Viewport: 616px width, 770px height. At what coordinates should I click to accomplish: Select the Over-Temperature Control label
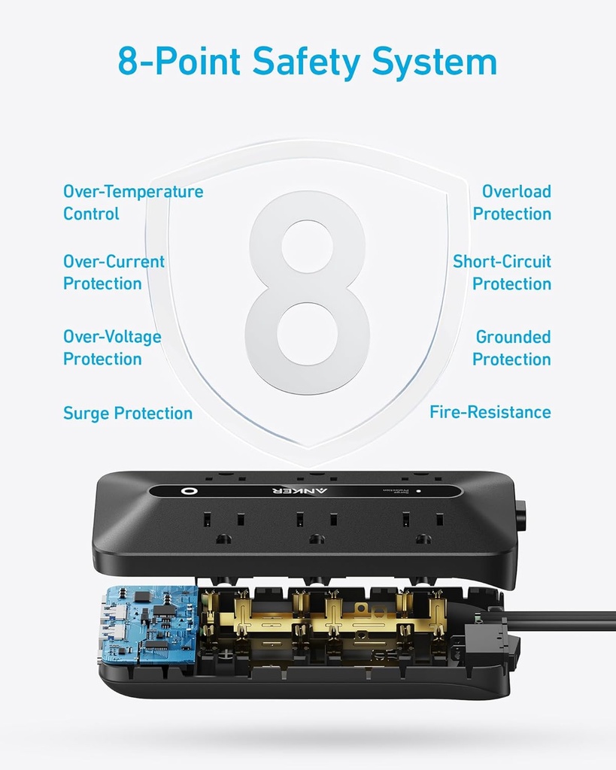pos(133,203)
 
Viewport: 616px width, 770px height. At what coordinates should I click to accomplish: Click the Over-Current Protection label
pos(114,272)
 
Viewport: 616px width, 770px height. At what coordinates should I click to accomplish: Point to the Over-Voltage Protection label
pos(112,347)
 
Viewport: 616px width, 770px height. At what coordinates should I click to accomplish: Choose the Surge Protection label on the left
pos(128,413)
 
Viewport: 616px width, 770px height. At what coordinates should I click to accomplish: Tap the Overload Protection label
pos(512,203)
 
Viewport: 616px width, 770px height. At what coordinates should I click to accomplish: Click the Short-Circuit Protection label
pos(502,272)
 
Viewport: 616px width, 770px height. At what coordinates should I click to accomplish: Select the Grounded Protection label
pos(512,347)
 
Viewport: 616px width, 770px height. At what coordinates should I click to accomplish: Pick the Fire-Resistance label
pos(490,412)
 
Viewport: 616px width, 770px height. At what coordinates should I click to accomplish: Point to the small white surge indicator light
pos(418,491)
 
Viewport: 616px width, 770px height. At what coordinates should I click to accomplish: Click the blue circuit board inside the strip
pos(149,624)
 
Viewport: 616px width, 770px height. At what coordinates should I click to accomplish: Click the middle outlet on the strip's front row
pos(317,526)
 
